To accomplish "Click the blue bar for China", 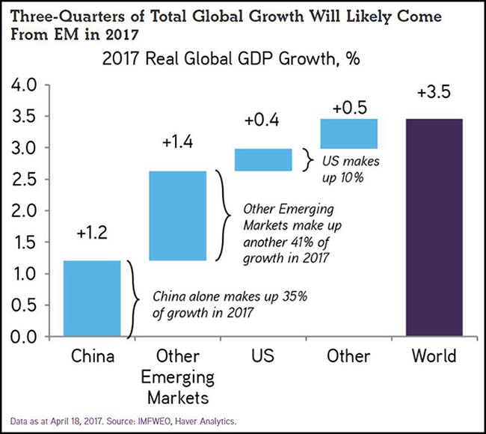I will tap(92, 298).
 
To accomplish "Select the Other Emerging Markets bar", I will tap(178, 216).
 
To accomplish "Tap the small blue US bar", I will tap(263, 159).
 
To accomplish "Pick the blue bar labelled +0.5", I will tap(349, 132).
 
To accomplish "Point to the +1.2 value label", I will tap(92, 234).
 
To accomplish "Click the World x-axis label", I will tap(434, 356).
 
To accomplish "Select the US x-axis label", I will tap(263, 356).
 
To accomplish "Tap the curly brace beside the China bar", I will tap(132, 298).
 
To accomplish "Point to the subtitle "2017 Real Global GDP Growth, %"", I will tap(243, 59).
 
